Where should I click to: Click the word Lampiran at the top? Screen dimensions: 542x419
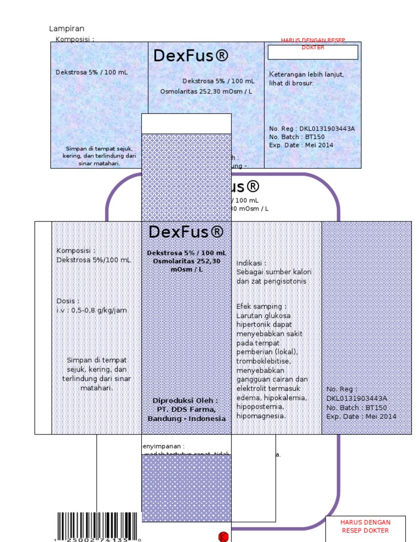point(67,28)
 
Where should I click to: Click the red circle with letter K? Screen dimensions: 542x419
point(223,537)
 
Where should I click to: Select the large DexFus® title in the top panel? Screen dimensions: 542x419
point(190,56)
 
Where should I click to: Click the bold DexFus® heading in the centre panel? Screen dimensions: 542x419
point(186,232)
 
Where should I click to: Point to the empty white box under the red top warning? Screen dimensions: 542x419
point(313,52)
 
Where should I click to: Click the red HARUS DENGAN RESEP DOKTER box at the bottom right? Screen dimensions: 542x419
point(365,526)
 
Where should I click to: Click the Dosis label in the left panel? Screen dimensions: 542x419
point(68,301)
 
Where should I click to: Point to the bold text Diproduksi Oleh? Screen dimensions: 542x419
point(185,400)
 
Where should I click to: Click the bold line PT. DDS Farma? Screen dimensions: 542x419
point(186,409)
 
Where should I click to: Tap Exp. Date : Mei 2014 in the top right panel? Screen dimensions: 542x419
point(301,145)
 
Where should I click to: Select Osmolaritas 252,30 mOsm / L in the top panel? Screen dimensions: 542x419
point(206,91)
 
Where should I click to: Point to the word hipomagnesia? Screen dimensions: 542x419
point(261,415)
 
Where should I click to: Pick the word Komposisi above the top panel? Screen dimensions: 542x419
point(75,39)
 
